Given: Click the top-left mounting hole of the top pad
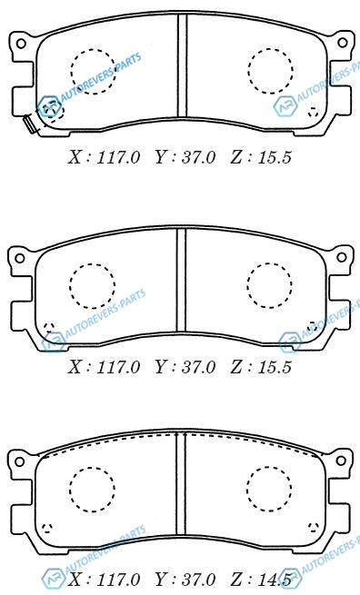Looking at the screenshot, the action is [21, 43].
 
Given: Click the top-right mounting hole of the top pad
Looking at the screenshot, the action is [343, 43].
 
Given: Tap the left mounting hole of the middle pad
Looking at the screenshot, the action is [19, 258].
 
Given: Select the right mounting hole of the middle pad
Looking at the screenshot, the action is [342, 257].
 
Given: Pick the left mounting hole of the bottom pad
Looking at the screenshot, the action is [19, 461].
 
